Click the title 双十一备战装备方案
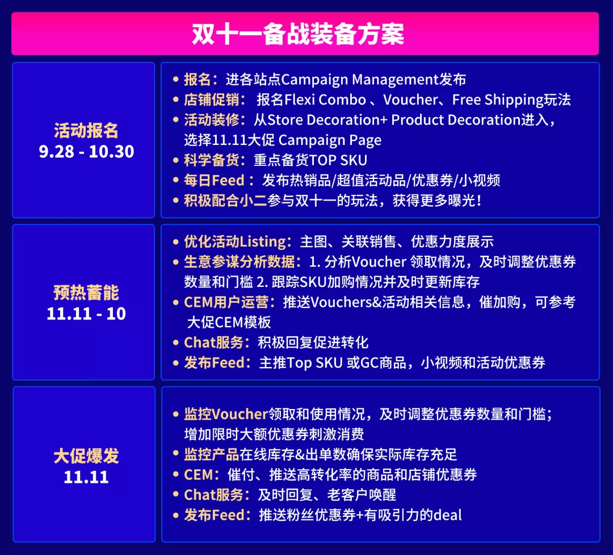(298, 34)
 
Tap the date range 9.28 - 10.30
(86, 152)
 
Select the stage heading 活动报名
(86, 130)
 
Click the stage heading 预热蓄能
(86, 293)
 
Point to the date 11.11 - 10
(86, 314)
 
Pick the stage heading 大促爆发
(86, 456)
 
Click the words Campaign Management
(360, 80)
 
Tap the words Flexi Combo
(325, 100)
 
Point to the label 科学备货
(212, 160)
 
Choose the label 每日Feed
(214, 180)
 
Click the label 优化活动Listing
(236, 241)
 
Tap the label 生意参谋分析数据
(240, 262)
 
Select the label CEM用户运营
(226, 302)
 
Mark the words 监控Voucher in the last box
(226, 414)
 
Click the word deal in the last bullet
(447, 515)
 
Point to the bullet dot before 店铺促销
(176, 100)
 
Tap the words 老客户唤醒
(362, 495)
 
